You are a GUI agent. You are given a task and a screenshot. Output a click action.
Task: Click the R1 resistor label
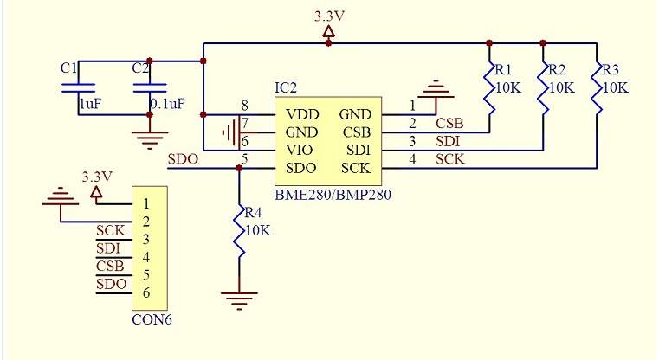(502, 69)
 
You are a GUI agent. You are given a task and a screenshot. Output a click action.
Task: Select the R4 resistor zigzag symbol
(240, 231)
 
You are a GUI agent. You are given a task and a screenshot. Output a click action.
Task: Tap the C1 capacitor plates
(79, 87)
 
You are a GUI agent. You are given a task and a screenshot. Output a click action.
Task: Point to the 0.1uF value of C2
(167, 104)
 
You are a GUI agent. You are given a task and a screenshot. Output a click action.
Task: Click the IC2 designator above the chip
(286, 87)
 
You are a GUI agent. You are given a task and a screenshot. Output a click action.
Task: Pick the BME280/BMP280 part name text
(333, 195)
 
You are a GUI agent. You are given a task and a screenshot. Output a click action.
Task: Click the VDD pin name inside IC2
(302, 114)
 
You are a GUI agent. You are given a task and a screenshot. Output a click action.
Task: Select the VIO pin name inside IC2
(299, 150)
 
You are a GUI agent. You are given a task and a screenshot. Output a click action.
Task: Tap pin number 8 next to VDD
(244, 105)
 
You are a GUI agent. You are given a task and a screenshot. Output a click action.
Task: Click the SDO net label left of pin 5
(183, 159)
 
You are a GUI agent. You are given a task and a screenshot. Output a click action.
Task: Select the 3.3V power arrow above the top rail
(329, 32)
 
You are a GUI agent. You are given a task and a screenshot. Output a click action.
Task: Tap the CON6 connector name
(152, 319)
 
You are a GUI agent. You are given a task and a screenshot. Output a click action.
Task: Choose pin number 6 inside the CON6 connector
(145, 292)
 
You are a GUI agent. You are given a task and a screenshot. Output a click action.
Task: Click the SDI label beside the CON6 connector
(108, 248)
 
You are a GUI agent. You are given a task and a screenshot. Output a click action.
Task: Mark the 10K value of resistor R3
(616, 87)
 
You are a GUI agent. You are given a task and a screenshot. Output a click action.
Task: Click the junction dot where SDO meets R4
(239, 169)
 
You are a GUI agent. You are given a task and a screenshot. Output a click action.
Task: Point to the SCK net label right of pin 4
(450, 159)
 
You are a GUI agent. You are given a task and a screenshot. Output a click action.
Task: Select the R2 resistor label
(557, 69)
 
